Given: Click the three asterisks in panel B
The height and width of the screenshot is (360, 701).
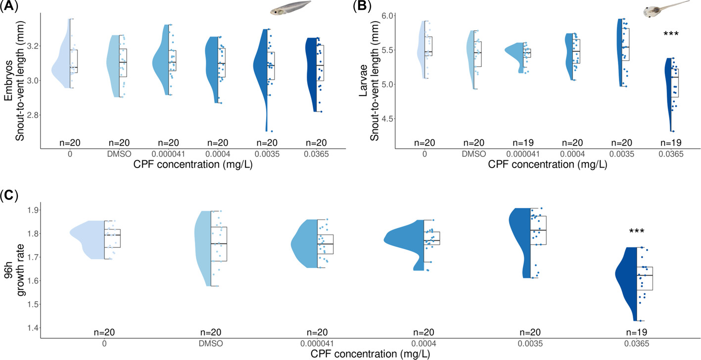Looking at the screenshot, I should (670, 34).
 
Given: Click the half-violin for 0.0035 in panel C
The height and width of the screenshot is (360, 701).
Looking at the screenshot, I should (520, 237).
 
